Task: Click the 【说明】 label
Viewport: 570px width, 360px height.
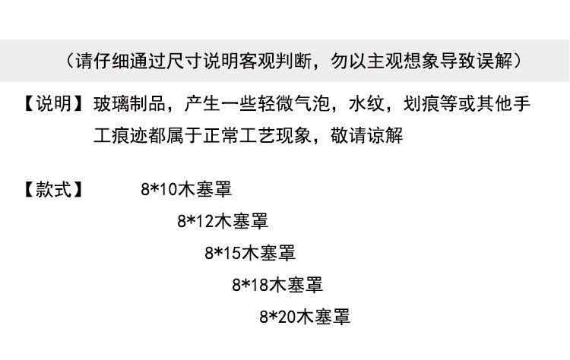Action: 52,103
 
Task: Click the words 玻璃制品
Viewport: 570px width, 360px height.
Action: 129,103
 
